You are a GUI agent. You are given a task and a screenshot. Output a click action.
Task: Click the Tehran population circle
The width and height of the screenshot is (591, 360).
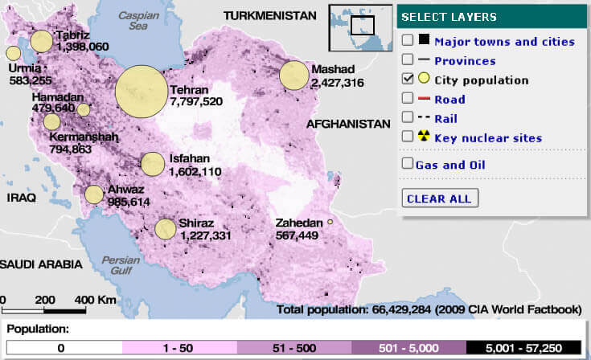[x=141, y=91]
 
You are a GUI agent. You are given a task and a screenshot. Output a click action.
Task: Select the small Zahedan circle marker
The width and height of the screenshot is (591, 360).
[x=330, y=222]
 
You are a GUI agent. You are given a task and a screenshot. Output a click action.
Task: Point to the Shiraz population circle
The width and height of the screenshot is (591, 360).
[x=166, y=229]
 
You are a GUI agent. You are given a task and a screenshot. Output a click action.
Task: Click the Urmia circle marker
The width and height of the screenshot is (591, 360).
[x=14, y=54]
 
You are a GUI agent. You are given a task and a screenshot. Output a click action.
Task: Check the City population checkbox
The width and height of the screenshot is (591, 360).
[x=408, y=80]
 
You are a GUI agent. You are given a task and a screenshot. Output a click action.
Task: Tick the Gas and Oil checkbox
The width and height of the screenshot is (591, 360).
[x=408, y=164]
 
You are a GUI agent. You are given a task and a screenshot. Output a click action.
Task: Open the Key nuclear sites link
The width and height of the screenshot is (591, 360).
[x=487, y=138]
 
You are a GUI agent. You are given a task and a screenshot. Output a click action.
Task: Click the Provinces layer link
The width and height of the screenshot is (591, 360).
[x=465, y=60]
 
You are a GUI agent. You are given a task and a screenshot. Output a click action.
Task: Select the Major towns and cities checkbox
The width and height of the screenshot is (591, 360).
[x=408, y=40]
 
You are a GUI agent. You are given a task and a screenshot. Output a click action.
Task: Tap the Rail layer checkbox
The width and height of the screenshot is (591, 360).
[x=408, y=118]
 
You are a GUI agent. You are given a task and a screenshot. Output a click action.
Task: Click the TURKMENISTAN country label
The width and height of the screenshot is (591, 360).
[x=269, y=15]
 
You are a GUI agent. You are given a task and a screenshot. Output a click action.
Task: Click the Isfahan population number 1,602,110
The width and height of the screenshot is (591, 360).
[x=195, y=171]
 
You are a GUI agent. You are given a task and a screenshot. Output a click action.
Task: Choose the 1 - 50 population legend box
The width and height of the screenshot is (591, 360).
[x=179, y=347]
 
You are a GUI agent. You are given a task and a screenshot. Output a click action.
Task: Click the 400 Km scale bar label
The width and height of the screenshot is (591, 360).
[x=96, y=299]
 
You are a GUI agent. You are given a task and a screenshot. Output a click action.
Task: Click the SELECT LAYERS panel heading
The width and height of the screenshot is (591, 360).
[x=449, y=17]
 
